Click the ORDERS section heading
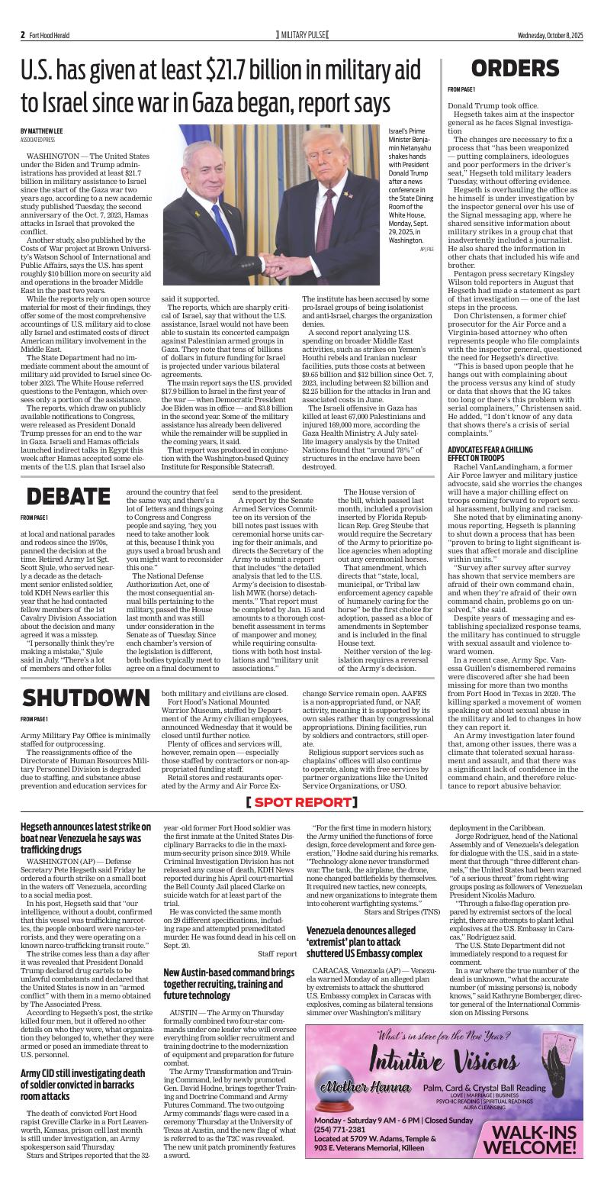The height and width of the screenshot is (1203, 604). click(516, 68)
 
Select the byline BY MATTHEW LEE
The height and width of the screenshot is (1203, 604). click(42, 131)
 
